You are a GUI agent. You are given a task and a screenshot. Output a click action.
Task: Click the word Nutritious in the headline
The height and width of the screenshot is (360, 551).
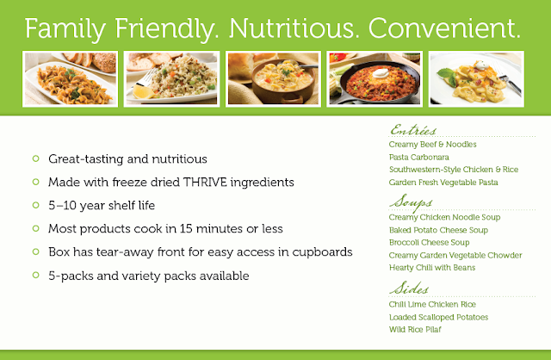point(291,28)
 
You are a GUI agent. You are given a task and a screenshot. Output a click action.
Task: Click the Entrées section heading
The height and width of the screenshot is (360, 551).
point(413,130)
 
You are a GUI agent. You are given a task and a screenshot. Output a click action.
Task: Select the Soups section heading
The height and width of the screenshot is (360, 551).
point(411,202)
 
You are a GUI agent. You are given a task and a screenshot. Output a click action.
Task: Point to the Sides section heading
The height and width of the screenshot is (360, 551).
point(409,289)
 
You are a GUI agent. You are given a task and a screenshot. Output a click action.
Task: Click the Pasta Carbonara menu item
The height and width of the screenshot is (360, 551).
point(419,157)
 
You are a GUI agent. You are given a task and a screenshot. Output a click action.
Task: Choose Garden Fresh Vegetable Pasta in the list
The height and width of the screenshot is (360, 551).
point(443,183)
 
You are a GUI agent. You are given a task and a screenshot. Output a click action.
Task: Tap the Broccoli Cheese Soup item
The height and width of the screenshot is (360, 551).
point(429,243)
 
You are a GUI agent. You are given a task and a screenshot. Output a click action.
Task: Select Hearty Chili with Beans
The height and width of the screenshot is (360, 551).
point(432,268)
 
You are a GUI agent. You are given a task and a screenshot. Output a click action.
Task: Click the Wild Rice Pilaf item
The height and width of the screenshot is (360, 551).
point(415,329)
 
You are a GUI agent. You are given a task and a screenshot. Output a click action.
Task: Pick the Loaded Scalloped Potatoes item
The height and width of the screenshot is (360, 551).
point(438,317)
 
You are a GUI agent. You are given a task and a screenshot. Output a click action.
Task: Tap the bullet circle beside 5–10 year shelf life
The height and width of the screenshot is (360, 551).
point(35,205)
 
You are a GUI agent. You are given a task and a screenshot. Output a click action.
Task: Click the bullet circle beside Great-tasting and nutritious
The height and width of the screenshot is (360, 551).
point(35,158)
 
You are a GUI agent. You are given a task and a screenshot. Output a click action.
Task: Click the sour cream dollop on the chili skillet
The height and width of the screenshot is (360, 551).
point(380,72)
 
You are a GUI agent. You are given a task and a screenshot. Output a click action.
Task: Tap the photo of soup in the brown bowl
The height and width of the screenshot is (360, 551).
point(273,78)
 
